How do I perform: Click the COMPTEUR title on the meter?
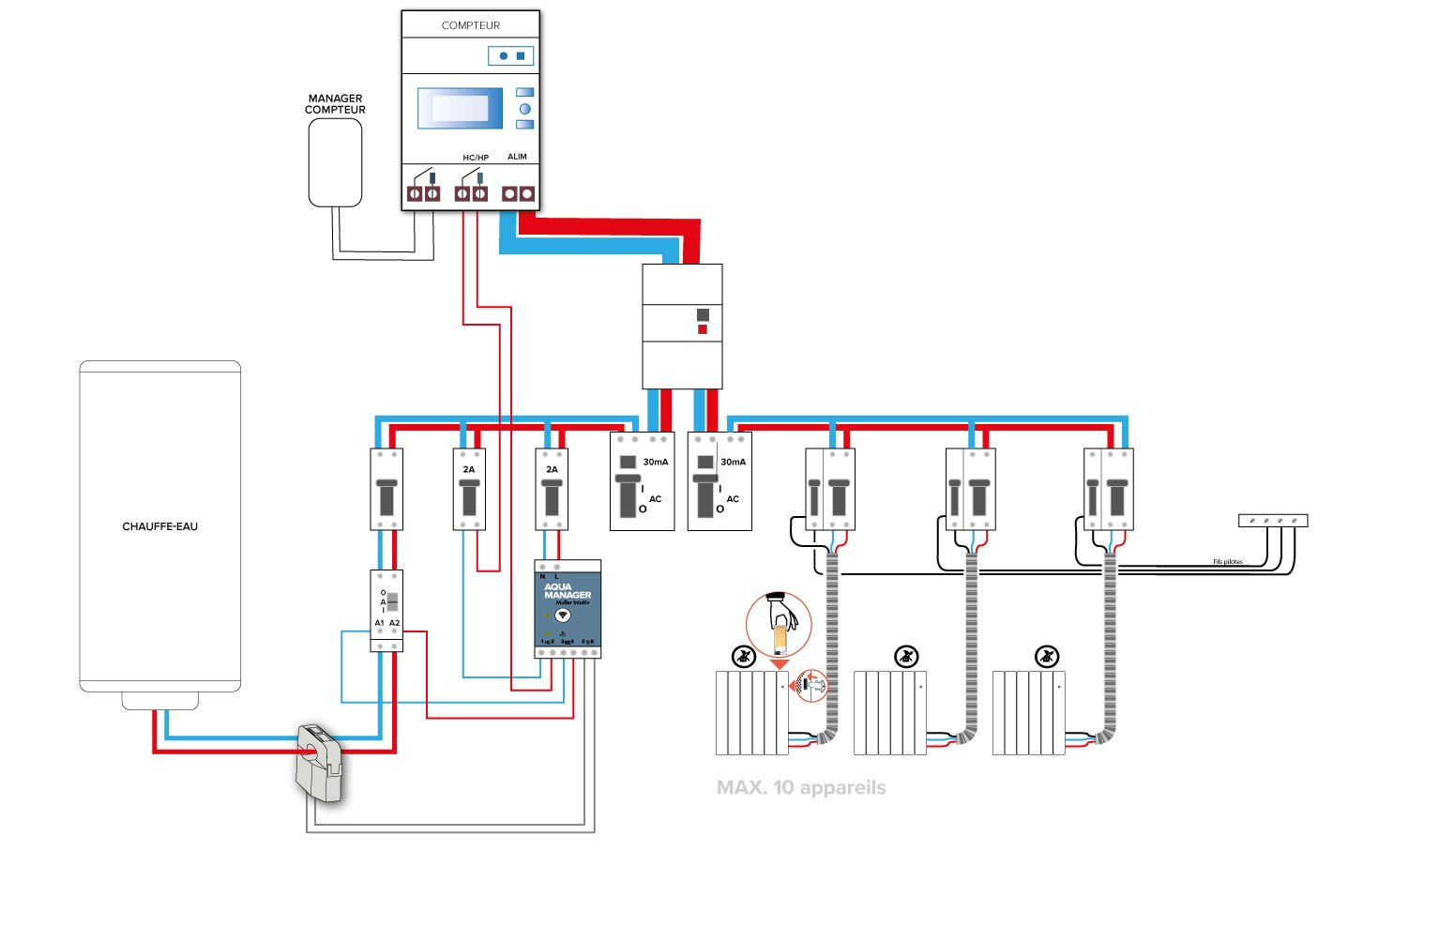471,25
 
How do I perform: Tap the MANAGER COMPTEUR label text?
335,104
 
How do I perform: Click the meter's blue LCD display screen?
454,108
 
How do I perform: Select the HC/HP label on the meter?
476,158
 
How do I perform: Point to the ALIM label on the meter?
517,157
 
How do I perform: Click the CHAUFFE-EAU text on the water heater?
160,526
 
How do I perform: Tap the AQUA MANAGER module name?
568,591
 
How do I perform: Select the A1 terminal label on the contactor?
380,623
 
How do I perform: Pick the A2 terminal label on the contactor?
395,623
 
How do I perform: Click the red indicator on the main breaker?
703,329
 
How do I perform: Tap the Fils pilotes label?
1227,562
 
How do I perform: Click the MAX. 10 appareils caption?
801,788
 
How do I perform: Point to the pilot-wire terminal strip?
1273,520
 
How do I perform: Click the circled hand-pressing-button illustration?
779,625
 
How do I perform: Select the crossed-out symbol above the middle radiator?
906,656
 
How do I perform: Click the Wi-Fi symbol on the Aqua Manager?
563,615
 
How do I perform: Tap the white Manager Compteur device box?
336,162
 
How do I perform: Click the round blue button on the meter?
525,109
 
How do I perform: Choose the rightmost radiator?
1029,712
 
